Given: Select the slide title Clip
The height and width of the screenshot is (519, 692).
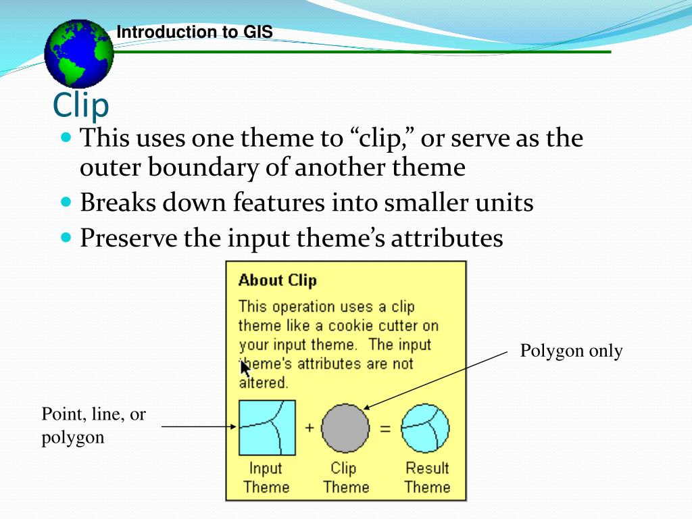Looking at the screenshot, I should pyautogui.click(x=81, y=105).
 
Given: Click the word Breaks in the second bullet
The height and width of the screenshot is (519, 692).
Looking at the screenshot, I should pyautogui.click(x=118, y=203).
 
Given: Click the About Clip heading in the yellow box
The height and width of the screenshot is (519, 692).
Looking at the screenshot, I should pyautogui.click(x=277, y=280).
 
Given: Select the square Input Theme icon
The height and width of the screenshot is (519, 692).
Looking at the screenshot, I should pyautogui.click(x=266, y=427).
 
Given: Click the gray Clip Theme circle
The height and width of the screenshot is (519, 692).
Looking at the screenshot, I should pyautogui.click(x=345, y=428).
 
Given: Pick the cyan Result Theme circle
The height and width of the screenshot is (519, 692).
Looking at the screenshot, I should pyautogui.click(x=425, y=427).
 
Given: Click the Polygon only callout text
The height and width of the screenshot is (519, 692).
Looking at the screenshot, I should pyautogui.click(x=571, y=351).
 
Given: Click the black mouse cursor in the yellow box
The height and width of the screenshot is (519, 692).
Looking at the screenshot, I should pyautogui.click(x=245, y=369).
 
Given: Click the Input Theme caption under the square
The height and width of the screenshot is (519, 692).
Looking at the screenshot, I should pyautogui.click(x=266, y=477).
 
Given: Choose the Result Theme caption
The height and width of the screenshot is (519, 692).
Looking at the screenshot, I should pyautogui.click(x=427, y=477).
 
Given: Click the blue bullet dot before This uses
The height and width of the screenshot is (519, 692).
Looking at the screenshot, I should pyautogui.click(x=66, y=138).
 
